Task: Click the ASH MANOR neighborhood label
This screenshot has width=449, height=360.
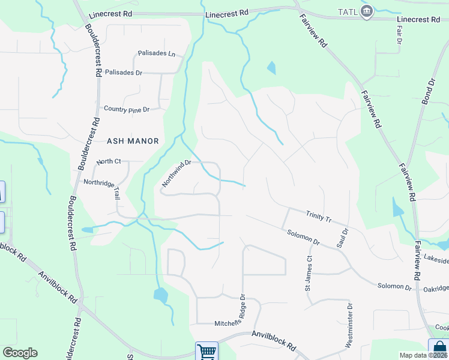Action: click(133, 141)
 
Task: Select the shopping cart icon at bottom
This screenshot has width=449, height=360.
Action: click(206, 351)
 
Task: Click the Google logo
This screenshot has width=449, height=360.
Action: click(20, 353)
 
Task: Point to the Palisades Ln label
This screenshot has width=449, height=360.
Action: click(156, 53)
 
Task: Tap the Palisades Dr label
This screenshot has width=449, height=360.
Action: click(123, 73)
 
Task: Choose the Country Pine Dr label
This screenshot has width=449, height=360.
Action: click(126, 109)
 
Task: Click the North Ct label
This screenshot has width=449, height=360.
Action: click(109, 161)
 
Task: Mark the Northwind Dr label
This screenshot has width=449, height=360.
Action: click(176, 173)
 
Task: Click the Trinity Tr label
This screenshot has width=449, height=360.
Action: click(318, 216)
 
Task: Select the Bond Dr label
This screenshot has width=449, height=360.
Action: click(427, 91)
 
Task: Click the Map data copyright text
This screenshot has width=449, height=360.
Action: click(423, 355)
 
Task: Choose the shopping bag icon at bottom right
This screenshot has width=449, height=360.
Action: click(439, 349)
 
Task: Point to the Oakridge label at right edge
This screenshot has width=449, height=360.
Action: click(436, 288)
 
